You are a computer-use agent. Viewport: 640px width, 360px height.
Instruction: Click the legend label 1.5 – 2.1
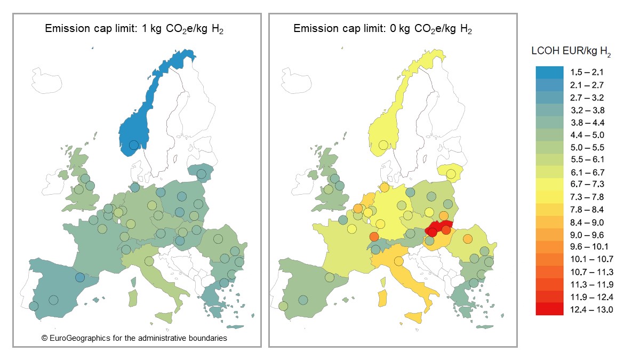pos(587,72)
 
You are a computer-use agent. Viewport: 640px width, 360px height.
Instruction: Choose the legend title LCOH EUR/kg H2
pos(571,52)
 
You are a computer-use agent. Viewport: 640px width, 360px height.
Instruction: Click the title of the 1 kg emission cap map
pos(134,29)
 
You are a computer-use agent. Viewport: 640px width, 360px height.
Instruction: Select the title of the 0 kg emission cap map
pos(382,29)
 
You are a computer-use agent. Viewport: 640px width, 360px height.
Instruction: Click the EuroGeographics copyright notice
pos(134,338)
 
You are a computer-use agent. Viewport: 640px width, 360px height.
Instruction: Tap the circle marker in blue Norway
pos(133,145)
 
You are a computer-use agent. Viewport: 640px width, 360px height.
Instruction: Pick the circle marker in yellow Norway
pos(382,145)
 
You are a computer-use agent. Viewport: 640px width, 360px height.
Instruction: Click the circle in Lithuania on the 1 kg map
pos(201,174)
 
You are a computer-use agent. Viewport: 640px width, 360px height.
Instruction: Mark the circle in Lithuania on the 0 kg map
pos(451,174)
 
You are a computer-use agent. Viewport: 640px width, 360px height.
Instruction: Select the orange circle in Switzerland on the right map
pos(374,237)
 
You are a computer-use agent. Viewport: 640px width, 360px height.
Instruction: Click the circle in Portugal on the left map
pos(34,306)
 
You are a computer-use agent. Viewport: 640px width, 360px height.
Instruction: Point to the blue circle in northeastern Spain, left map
pos(79,277)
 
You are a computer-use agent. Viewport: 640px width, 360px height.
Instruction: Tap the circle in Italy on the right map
pos(398,261)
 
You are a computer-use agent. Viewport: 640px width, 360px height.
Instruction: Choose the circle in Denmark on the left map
pos(134,187)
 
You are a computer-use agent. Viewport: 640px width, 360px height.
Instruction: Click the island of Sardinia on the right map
pos(382,300)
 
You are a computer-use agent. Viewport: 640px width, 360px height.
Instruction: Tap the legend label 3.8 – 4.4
pos(587,123)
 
